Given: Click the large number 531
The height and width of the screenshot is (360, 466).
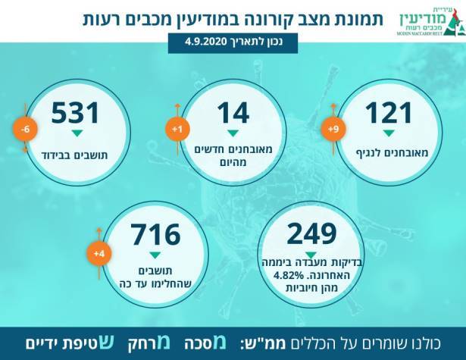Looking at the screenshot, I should pos(76,113).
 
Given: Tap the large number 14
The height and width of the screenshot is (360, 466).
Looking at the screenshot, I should pos(233,113).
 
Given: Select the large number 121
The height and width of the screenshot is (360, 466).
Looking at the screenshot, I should pos(389,113).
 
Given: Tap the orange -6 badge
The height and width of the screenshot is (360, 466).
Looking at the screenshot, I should pos(26,130).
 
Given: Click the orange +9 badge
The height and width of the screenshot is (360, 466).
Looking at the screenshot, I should pos(330,130).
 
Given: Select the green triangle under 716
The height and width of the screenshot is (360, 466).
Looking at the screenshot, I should pos(155,255).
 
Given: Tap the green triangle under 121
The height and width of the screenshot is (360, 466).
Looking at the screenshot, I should pos(389,133).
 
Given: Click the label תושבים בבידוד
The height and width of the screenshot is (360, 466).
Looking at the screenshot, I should pos(76,152).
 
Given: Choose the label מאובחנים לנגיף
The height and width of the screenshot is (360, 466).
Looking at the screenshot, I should pos(389,152).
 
